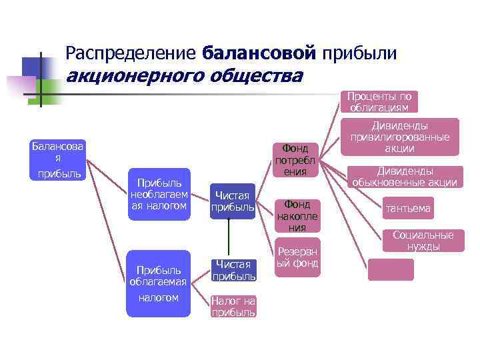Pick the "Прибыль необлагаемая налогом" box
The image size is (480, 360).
tap(158, 194)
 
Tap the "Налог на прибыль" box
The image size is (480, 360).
tap(233, 307)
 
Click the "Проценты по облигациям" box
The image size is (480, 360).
tap(379, 102)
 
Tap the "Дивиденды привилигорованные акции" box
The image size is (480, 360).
tap(400, 137)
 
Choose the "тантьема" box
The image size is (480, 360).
tap(407, 209)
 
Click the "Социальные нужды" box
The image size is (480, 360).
tap(423, 241)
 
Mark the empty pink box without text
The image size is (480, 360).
tap(391, 269)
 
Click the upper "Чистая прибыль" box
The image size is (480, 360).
tap(233, 201)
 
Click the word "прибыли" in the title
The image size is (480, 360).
tap(359, 52)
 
